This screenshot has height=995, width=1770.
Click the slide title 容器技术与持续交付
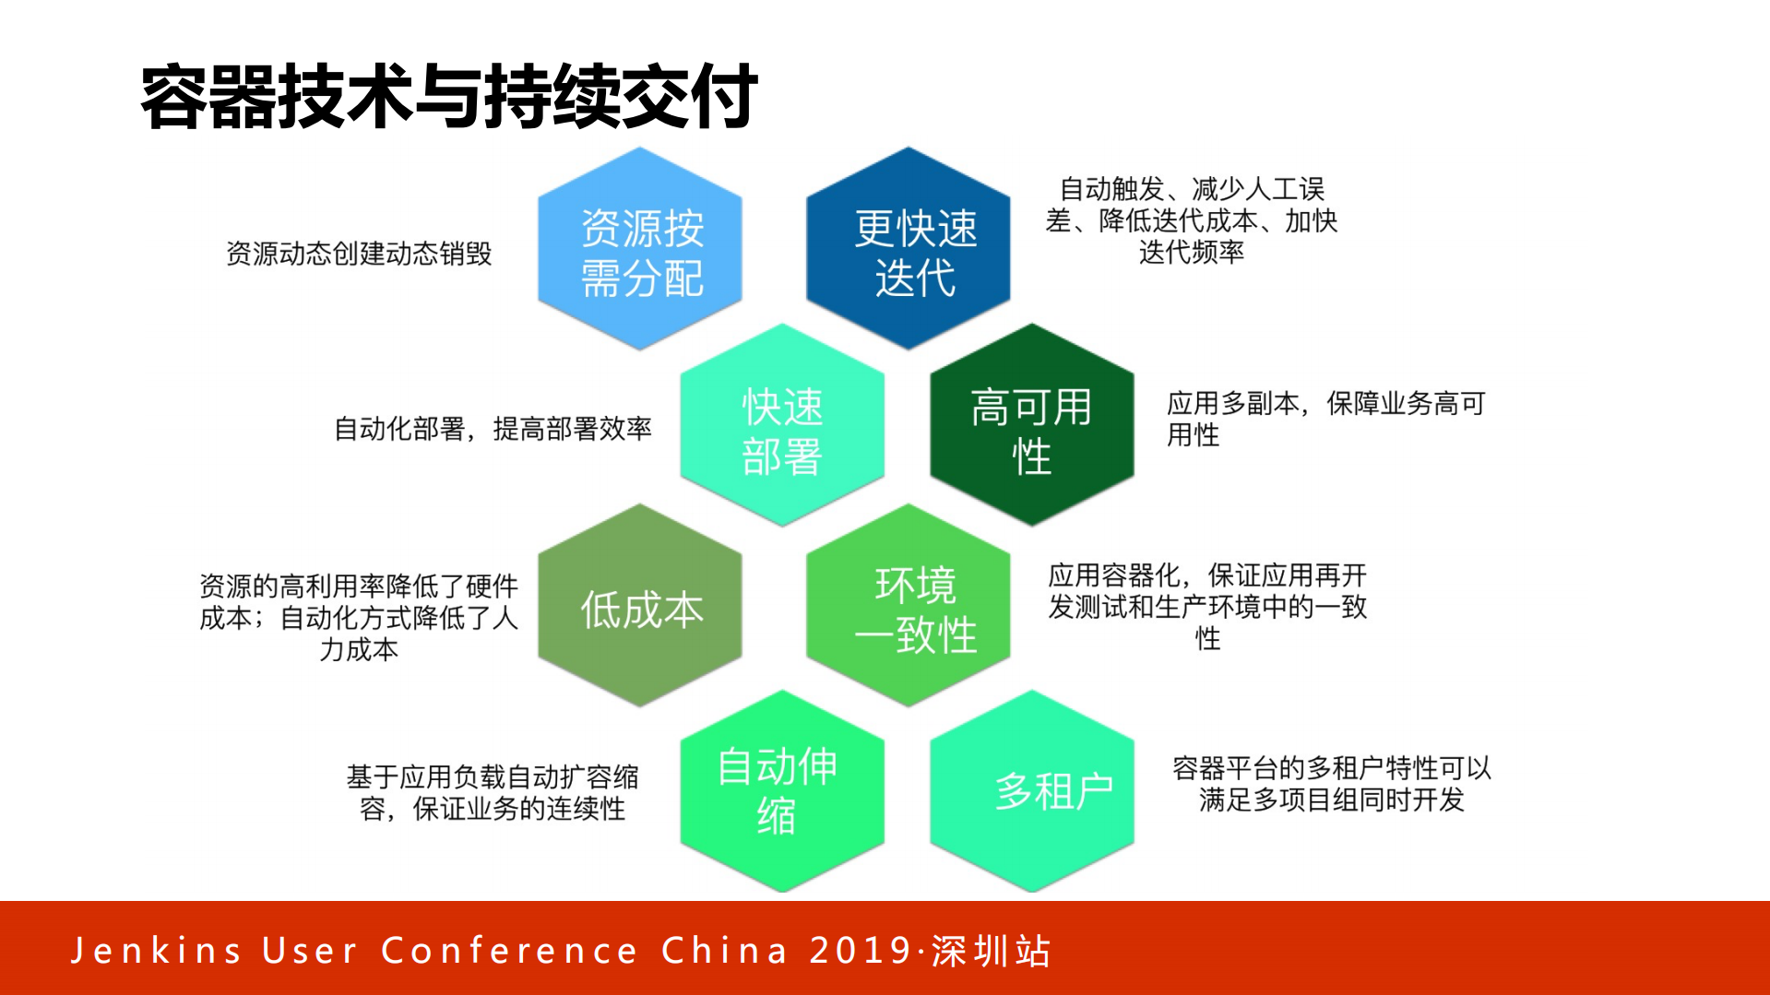coord(449,96)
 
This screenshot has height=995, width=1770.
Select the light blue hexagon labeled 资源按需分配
coord(640,250)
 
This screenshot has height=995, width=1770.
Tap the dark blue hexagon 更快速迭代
coord(909,250)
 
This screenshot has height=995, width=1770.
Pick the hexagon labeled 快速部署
coord(782,426)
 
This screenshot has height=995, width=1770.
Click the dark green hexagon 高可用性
coord(1032,426)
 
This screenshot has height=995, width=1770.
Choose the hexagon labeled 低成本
coord(640,607)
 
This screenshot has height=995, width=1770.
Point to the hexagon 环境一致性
coord(909,607)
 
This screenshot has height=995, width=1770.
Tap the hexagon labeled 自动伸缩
coord(782,791)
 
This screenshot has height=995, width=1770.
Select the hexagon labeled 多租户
coord(1032,791)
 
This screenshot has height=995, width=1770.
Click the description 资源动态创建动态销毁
coord(359,254)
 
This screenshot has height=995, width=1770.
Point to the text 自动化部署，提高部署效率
coord(493,429)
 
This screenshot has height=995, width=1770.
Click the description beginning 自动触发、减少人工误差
coord(1191,220)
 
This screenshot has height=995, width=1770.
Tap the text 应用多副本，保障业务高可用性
coord(1325,418)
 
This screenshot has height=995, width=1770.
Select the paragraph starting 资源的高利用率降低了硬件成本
coord(359,617)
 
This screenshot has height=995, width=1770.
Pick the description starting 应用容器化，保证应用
coord(1207,606)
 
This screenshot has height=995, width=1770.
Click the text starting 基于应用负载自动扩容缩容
coord(493,792)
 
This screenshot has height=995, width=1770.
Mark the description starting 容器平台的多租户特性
coord(1331,783)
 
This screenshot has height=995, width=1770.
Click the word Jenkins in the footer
coord(157,951)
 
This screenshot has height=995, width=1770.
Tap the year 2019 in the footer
coord(861,951)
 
